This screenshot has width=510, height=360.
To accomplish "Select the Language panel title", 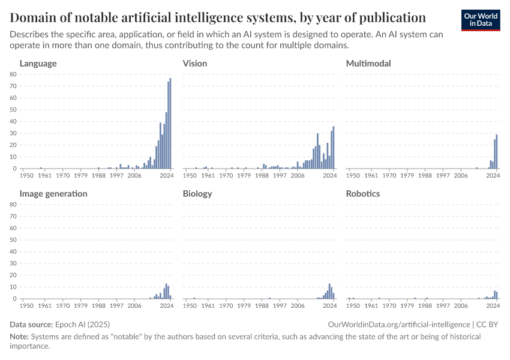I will (38, 63).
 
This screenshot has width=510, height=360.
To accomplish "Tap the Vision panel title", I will (195, 63).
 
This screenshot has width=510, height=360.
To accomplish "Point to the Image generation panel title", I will (53, 194).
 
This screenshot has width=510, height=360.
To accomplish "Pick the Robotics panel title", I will (363, 194).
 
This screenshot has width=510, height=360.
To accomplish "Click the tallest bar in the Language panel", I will (170, 124).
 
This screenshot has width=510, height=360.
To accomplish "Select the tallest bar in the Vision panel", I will (334, 148).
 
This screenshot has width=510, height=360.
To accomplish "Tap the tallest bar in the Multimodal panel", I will (497, 152).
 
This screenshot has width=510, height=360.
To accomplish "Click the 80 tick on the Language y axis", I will (13, 74).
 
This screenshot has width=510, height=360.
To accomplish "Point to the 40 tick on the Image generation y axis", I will (13, 252).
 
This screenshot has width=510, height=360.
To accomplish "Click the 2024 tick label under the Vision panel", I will (330, 176).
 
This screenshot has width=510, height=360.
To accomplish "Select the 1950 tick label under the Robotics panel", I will (353, 306).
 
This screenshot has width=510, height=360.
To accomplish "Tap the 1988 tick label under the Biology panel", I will (262, 306).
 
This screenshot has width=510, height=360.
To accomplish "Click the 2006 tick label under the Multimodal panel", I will (461, 176).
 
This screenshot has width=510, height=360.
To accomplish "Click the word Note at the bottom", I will (20, 337).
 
